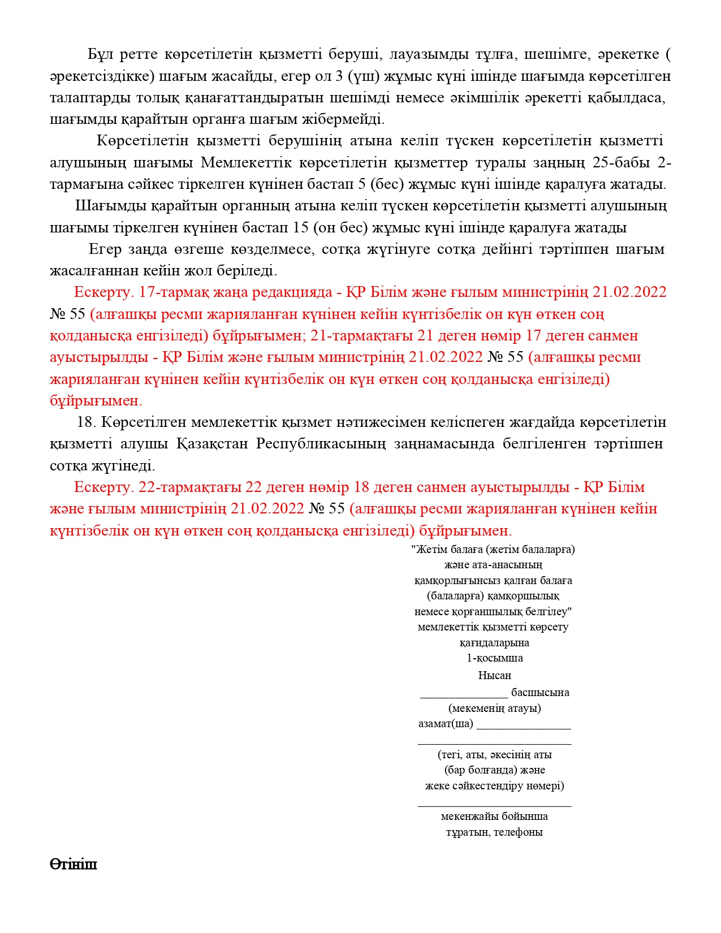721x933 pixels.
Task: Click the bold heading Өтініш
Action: (x=74, y=865)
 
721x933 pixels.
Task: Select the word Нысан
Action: (x=494, y=675)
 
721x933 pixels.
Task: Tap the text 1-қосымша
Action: (x=494, y=658)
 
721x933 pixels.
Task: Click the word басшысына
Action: (x=540, y=692)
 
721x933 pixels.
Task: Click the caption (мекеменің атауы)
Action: (x=494, y=708)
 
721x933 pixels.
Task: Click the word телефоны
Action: (x=519, y=832)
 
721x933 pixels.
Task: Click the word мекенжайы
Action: (x=467, y=817)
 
